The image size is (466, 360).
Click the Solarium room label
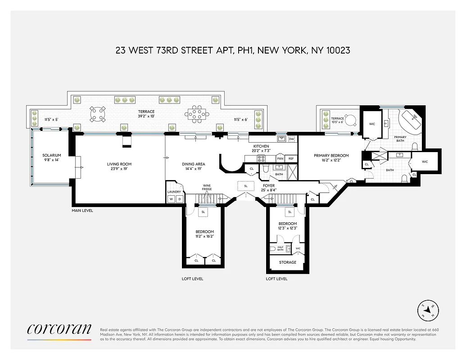tap(52, 155)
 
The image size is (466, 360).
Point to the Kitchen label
tap(261, 146)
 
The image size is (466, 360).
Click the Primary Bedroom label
tap(331, 156)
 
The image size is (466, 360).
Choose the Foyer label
tap(269, 185)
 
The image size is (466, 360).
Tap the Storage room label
tap(288, 262)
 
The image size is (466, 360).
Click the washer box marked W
tap(171, 199)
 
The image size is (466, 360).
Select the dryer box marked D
tap(179, 199)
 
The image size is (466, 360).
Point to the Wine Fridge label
tap(207, 187)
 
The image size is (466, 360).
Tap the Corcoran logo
tap(59, 329)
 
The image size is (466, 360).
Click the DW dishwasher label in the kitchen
tap(291, 139)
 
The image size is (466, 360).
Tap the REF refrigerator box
tap(291, 158)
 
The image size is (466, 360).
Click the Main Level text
tap(82, 211)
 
